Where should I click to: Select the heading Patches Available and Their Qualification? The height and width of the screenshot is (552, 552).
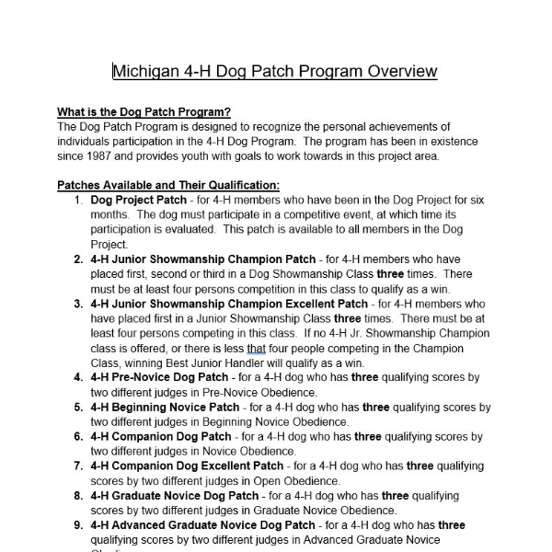pyautogui.click(x=162, y=185)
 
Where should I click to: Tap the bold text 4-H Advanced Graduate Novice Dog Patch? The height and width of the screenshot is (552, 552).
pyautogui.click(x=202, y=525)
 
